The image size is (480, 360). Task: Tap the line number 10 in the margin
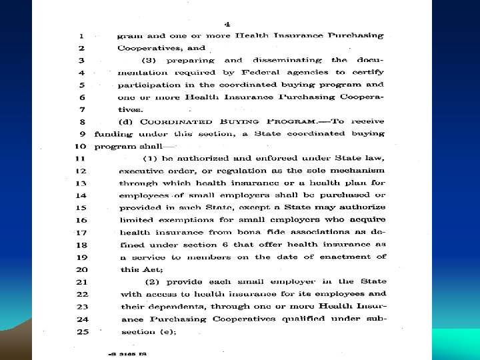[80, 146]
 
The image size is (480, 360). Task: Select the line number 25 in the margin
[82, 331]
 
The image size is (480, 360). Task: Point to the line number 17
[82, 232]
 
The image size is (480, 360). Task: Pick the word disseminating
[285, 60]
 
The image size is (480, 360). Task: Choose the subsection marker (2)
[151, 281]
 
